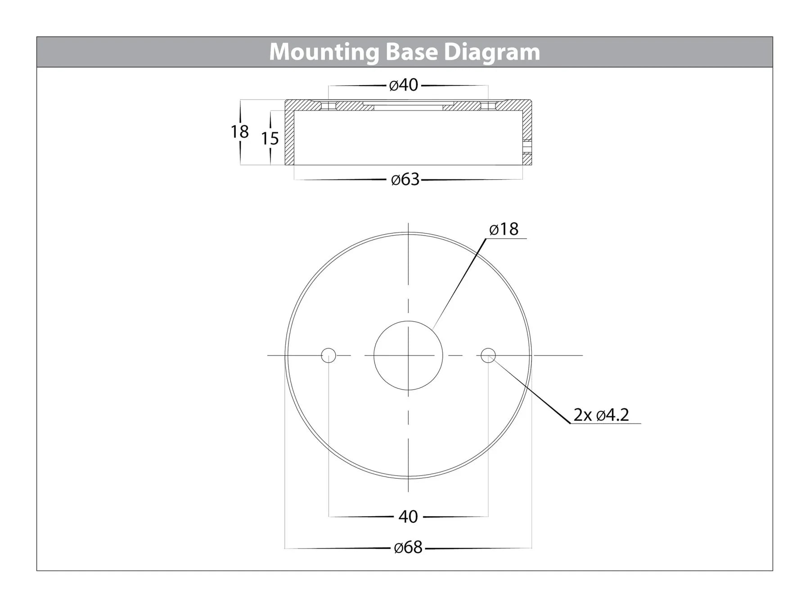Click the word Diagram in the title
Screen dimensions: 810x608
[492, 52]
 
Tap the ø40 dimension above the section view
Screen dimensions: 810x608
[404, 85]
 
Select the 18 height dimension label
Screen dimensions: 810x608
[239, 132]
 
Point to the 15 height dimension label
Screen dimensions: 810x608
[270, 138]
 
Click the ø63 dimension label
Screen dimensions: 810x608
[405, 180]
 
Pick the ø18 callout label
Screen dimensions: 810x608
[504, 229]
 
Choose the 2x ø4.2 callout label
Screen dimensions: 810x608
[601, 415]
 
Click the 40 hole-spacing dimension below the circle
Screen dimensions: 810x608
[408, 517]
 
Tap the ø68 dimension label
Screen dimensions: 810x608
[408, 548]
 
